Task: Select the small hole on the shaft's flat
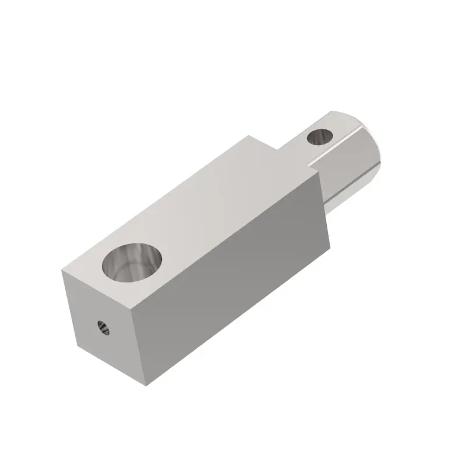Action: point(319,137)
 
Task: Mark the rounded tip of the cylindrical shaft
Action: point(373,146)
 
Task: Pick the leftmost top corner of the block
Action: point(62,269)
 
